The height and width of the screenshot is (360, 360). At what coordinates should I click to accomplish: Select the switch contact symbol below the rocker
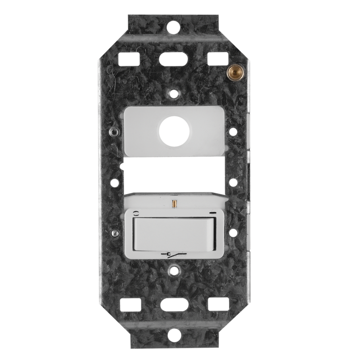pyautogui.click(x=174, y=255)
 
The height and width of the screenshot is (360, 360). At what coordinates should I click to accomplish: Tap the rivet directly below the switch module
pyautogui.click(x=174, y=271)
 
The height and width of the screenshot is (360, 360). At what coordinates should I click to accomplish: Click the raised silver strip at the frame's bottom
pyautogui.click(x=174, y=323)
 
